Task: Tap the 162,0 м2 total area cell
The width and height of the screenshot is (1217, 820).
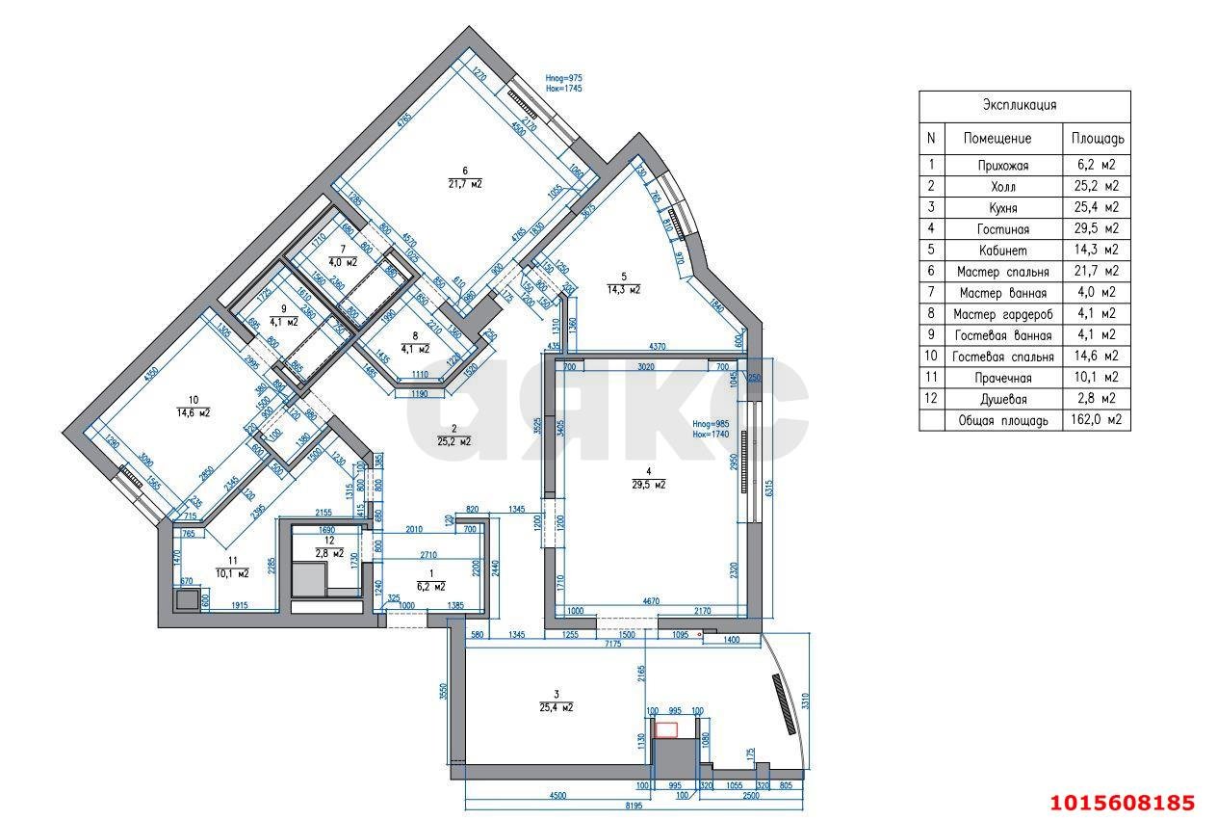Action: coord(1097,420)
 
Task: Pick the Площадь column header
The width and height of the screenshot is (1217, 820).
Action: coord(1097,139)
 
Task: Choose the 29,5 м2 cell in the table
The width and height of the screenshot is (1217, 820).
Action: coord(1097,229)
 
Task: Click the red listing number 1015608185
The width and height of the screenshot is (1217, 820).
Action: coord(1122,802)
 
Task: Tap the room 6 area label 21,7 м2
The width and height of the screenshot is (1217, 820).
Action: coord(465,183)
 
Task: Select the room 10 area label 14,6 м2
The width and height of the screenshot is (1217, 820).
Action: coord(193,411)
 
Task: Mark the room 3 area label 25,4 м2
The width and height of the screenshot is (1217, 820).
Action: coord(557,706)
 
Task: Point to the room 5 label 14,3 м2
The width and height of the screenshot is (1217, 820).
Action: coord(624,288)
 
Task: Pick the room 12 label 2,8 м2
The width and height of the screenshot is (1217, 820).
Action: coord(329,553)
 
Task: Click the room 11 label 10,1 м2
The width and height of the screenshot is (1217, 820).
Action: coord(232,572)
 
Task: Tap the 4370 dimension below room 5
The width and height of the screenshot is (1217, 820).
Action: coord(658,346)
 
